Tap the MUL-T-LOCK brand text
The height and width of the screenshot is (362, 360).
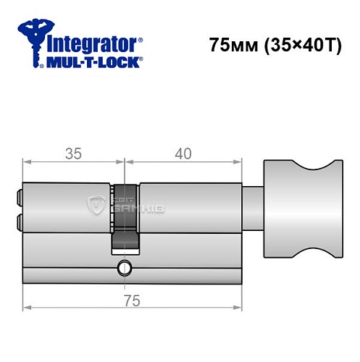[94, 62]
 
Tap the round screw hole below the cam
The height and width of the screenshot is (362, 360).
[124, 270]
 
